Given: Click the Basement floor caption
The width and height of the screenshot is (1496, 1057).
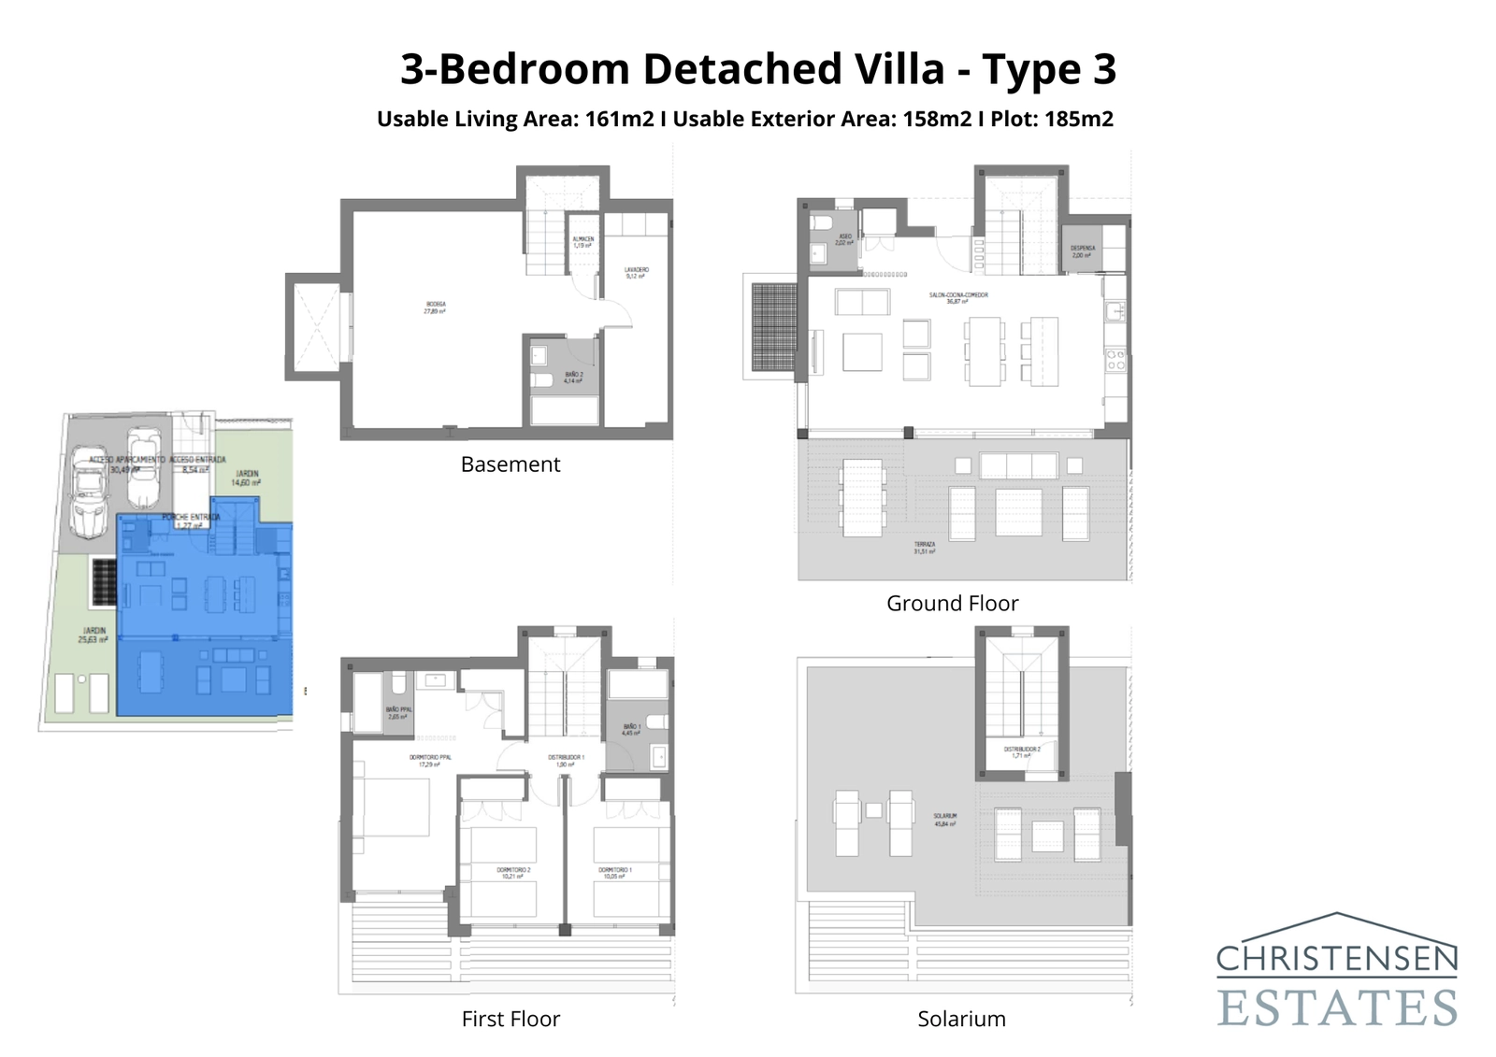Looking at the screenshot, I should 510,464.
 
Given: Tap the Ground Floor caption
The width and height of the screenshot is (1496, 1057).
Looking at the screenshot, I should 952,604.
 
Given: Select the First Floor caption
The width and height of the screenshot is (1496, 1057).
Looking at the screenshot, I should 511,1019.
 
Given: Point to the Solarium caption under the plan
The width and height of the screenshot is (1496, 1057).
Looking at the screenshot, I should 961,1019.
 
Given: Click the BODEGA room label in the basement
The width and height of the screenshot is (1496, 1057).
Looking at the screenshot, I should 435,307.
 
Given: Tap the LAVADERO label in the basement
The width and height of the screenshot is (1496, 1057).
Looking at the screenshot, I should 637,273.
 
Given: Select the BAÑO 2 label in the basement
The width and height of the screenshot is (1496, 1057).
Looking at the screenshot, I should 573,378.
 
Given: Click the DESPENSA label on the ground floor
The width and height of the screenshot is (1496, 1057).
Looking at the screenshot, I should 1083,251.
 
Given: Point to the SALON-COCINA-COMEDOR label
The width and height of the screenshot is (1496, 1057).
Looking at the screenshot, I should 958,298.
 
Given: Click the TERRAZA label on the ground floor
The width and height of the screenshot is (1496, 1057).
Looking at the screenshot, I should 925,548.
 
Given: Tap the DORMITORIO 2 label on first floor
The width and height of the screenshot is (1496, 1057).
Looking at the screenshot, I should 513,873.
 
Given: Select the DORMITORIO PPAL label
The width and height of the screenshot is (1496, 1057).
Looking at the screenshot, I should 430,761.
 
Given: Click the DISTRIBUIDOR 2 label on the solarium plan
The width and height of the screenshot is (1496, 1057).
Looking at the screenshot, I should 1021,751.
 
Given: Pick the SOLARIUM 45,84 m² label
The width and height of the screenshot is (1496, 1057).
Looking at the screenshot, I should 944,820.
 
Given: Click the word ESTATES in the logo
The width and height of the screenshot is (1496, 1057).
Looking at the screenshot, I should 1337,1007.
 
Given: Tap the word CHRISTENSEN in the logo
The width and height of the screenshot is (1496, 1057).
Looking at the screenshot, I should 1337,958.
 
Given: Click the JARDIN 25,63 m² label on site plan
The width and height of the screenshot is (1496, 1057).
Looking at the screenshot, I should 93,636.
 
